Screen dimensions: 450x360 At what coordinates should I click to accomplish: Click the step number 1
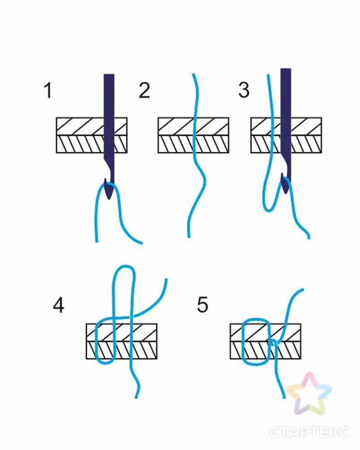[48, 91]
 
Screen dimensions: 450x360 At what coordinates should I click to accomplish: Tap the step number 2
[144, 91]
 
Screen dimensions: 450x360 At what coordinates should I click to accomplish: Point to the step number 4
[58, 306]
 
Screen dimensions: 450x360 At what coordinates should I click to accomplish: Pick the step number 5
[202, 306]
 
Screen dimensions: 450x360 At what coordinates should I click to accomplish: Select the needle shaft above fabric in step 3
[286, 92]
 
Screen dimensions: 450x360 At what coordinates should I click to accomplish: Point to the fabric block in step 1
[81, 135]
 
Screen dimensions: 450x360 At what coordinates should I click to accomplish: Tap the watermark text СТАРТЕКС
[309, 432]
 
